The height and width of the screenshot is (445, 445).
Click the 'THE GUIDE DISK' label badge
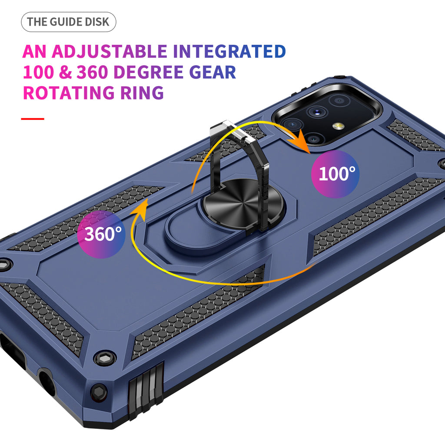(x=68, y=22)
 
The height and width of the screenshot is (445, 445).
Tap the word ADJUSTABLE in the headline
(x=109, y=51)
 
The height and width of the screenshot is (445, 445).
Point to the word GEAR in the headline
(x=213, y=72)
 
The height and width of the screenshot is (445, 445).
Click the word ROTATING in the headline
(x=69, y=93)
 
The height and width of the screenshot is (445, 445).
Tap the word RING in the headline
(x=142, y=93)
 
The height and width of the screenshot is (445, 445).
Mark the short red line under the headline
(x=33, y=119)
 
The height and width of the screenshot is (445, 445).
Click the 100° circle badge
(x=335, y=174)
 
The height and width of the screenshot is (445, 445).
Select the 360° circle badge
(x=101, y=234)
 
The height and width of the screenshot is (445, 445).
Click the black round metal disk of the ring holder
(x=243, y=204)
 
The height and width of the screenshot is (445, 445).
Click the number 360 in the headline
(x=92, y=72)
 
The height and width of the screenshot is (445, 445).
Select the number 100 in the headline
(x=38, y=72)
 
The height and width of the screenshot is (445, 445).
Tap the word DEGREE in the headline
(x=149, y=72)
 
